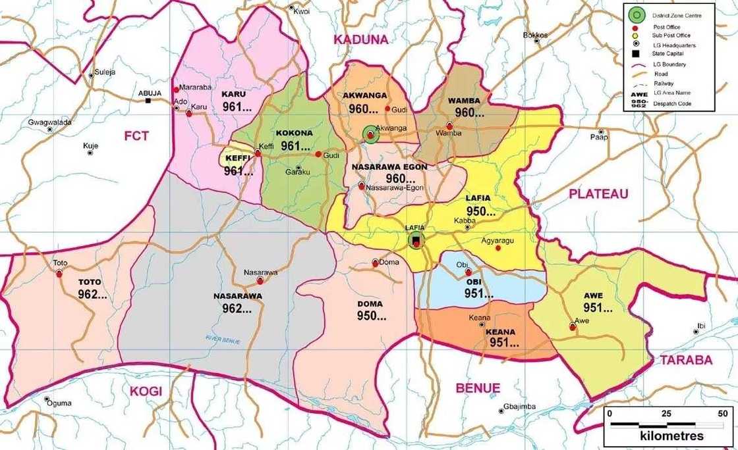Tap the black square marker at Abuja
(149, 101)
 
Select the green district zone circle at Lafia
(416, 241)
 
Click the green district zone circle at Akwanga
(370, 136)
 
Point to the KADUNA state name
(360, 39)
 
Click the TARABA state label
(686, 360)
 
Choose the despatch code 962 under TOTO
(92, 294)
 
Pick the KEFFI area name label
(237, 159)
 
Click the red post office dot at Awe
(572, 326)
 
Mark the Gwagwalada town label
(49, 122)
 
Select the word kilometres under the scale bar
(671, 436)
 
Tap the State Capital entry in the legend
(667, 53)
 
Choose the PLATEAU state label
(598, 193)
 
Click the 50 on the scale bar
(722, 414)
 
